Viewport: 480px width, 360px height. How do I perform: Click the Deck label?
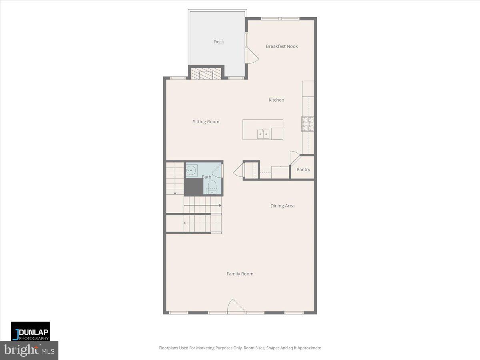pyautogui.click(x=218, y=42)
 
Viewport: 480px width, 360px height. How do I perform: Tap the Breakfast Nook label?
pyautogui.click(x=282, y=46)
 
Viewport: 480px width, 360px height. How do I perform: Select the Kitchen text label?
pyautogui.click(x=276, y=100)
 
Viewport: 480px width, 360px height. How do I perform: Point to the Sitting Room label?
pyautogui.click(x=206, y=122)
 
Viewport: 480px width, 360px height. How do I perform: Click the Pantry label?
pyautogui.click(x=303, y=170)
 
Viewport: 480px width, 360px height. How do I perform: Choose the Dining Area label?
pyautogui.click(x=282, y=206)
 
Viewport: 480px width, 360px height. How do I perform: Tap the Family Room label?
pyautogui.click(x=240, y=274)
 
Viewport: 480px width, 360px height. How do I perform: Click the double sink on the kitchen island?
pyautogui.click(x=263, y=134)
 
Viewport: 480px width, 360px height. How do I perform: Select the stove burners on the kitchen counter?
pyautogui.click(x=308, y=124)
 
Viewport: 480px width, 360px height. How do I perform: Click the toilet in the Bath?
pyautogui.click(x=212, y=187)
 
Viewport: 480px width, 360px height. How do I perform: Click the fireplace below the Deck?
pyautogui.click(x=206, y=73)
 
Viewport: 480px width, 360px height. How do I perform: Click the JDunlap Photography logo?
pyautogui.click(x=30, y=331)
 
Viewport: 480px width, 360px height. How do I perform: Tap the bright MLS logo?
pyautogui.click(x=29, y=350)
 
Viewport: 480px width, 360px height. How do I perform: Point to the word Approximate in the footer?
pyautogui.click(x=307, y=348)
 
